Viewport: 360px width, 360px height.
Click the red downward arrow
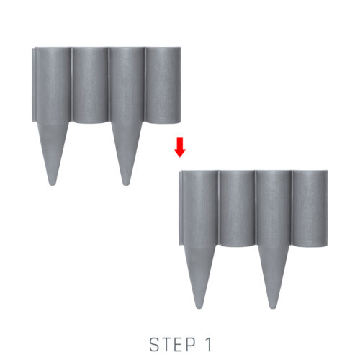pyautogui.click(x=180, y=147)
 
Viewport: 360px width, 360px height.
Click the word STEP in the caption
pyautogui.click(x=173, y=345)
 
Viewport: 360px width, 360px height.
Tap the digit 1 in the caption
pyautogui.click(x=208, y=345)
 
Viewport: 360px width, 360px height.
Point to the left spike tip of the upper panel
pyautogui.click(x=52, y=184)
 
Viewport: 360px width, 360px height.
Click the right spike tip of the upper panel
pyautogui.click(x=125, y=184)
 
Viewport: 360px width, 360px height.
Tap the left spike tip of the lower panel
pyautogui.click(x=199, y=307)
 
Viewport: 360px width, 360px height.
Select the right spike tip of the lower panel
pyautogui.click(x=272, y=307)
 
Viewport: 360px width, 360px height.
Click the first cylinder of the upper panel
pyautogui.click(x=53, y=84)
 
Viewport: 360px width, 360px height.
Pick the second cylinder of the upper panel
pyautogui.click(x=90, y=85)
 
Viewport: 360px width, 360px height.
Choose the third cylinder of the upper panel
pyautogui.click(x=127, y=84)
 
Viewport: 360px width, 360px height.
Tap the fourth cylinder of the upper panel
pyautogui.click(x=163, y=85)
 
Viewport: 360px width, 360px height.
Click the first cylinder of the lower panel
pyautogui.click(x=200, y=207)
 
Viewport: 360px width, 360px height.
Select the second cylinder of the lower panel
pyautogui.click(x=237, y=209)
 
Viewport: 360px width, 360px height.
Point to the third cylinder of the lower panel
pyautogui.click(x=274, y=207)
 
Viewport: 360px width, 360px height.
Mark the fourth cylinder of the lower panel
pyautogui.click(x=310, y=209)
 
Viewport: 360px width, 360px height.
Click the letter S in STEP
pyautogui.click(x=154, y=345)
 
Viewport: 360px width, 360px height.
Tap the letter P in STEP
pyautogui.click(x=191, y=345)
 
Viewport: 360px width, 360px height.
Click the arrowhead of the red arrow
pyautogui.click(x=180, y=153)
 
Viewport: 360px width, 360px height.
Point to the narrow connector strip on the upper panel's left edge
pyautogui.click(x=34, y=84)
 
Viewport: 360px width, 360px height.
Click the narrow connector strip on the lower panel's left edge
pyautogui.click(x=181, y=208)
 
